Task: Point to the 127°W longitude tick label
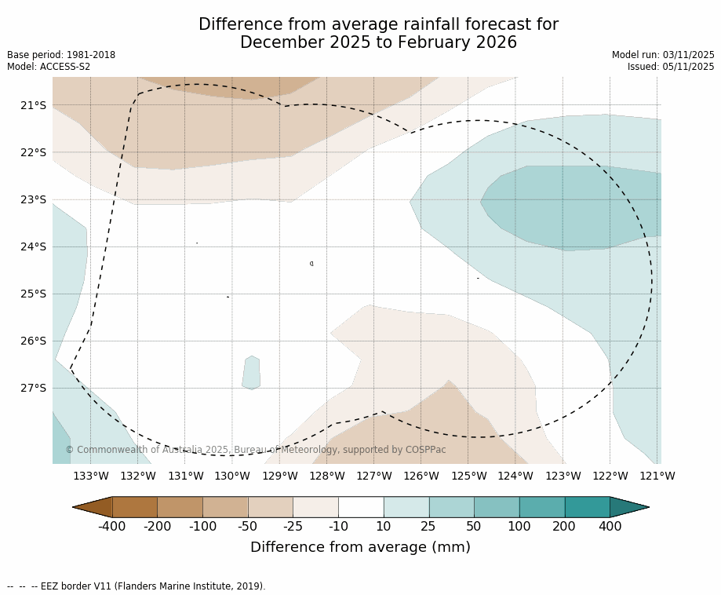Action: [x=374, y=476]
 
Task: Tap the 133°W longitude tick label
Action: [x=91, y=476]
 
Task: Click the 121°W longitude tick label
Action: [x=657, y=476]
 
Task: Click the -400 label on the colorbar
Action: [x=111, y=526]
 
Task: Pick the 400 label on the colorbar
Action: [x=610, y=526]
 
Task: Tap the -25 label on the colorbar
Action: [x=293, y=526]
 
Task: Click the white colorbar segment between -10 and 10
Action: [x=361, y=507]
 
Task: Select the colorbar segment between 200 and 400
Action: [x=587, y=507]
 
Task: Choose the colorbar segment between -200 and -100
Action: [x=180, y=507]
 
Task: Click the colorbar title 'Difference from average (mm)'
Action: [x=360, y=548]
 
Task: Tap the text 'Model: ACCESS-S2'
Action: [x=49, y=67]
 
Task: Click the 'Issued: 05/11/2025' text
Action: [x=671, y=67]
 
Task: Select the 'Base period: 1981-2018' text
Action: [x=61, y=55]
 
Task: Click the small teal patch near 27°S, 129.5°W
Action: [x=251, y=373]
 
